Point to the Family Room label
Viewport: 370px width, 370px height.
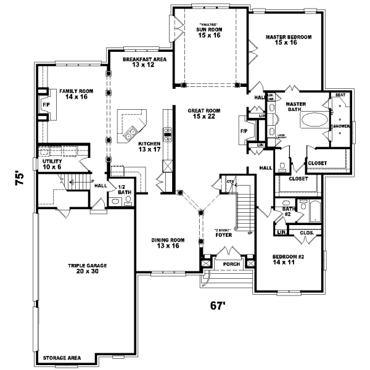[x=74, y=94]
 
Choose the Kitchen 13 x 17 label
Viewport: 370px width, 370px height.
[x=149, y=146]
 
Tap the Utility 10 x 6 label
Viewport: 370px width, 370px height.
[x=52, y=164]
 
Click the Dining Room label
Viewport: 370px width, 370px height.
[x=168, y=243]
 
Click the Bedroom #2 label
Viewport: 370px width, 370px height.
[x=289, y=258]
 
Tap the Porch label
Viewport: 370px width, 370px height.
[x=231, y=264]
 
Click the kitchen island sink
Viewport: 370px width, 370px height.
[x=131, y=133]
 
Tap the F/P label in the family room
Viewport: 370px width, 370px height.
[x=46, y=105]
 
